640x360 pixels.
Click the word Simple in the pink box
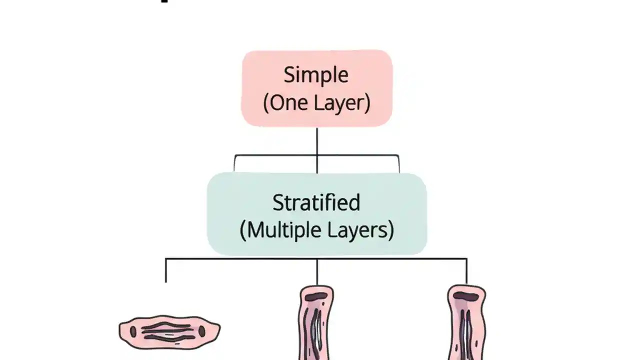click(x=316, y=75)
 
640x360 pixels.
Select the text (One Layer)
click(x=316, y=103)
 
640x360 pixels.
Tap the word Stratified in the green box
click(x=316, y=202)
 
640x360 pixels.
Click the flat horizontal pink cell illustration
click(x=169, y=331)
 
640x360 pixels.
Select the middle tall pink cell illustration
click(x=316, y=325)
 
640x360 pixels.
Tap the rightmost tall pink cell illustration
click(x=466, y=325)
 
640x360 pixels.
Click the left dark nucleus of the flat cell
click(x=133, y=331)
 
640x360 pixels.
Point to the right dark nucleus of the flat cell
click(x=202, y=331)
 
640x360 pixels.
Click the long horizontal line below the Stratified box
click(x=240, y=259)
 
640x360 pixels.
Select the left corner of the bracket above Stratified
click(x=235, y=156)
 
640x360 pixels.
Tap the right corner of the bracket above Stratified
click(x=398, y=156)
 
